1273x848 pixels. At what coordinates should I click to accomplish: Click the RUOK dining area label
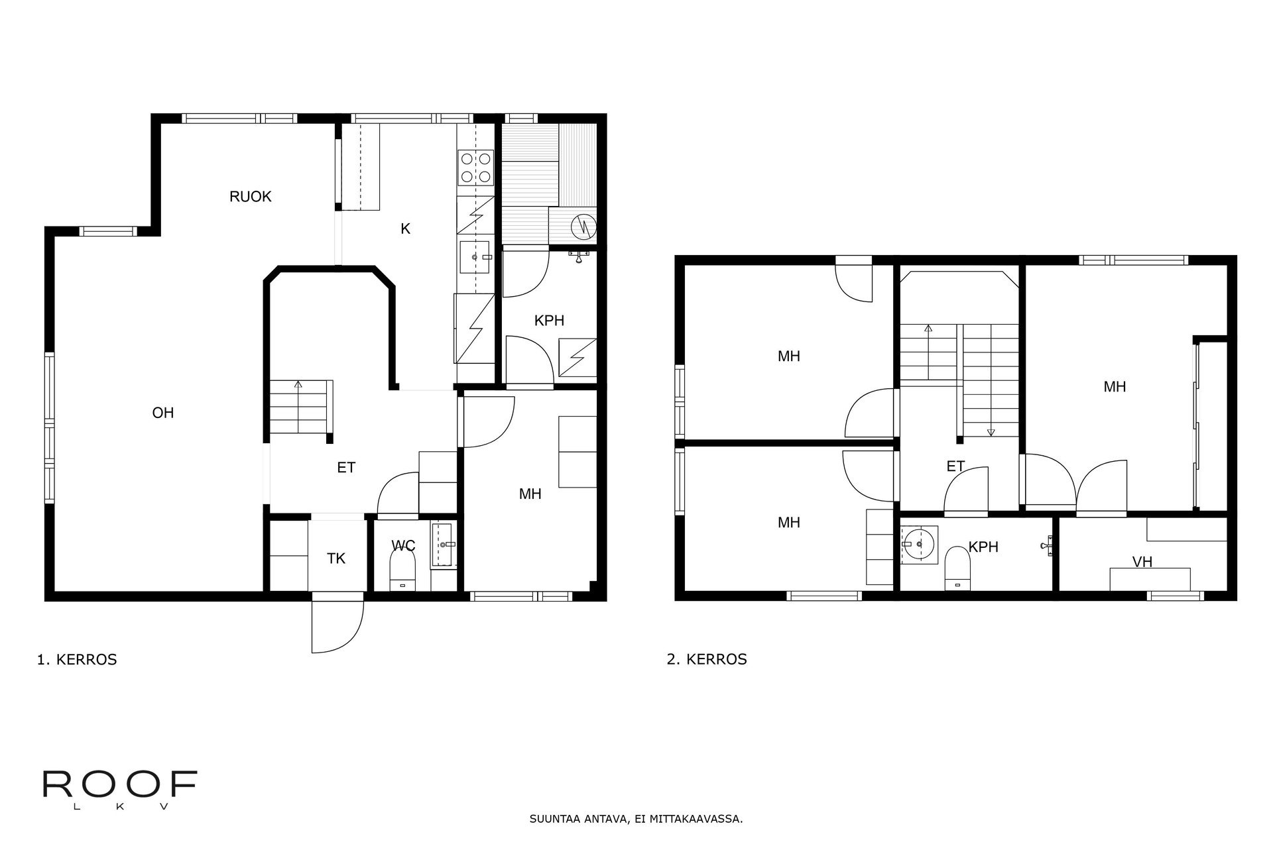click(251, 197)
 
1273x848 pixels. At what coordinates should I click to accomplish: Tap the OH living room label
click(163, 413)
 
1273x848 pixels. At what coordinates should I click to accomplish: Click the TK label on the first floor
click(336, 558)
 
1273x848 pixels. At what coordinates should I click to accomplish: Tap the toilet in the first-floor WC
click(402, 570)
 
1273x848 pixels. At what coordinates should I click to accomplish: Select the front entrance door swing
click(337, 626)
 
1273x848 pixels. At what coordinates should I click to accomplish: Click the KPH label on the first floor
click(549, 321)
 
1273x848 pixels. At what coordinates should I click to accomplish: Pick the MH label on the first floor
click(530, 494)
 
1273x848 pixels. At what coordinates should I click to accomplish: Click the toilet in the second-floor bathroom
click(957, 568)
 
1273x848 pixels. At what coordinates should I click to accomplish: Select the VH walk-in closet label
click(1142, 562)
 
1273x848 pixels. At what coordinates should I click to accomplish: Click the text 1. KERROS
click(77, 660)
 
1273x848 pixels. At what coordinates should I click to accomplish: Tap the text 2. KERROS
click(707, 660)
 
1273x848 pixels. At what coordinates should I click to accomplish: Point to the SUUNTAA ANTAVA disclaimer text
click(636, 819)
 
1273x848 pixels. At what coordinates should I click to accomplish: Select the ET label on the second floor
click(955, 467)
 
